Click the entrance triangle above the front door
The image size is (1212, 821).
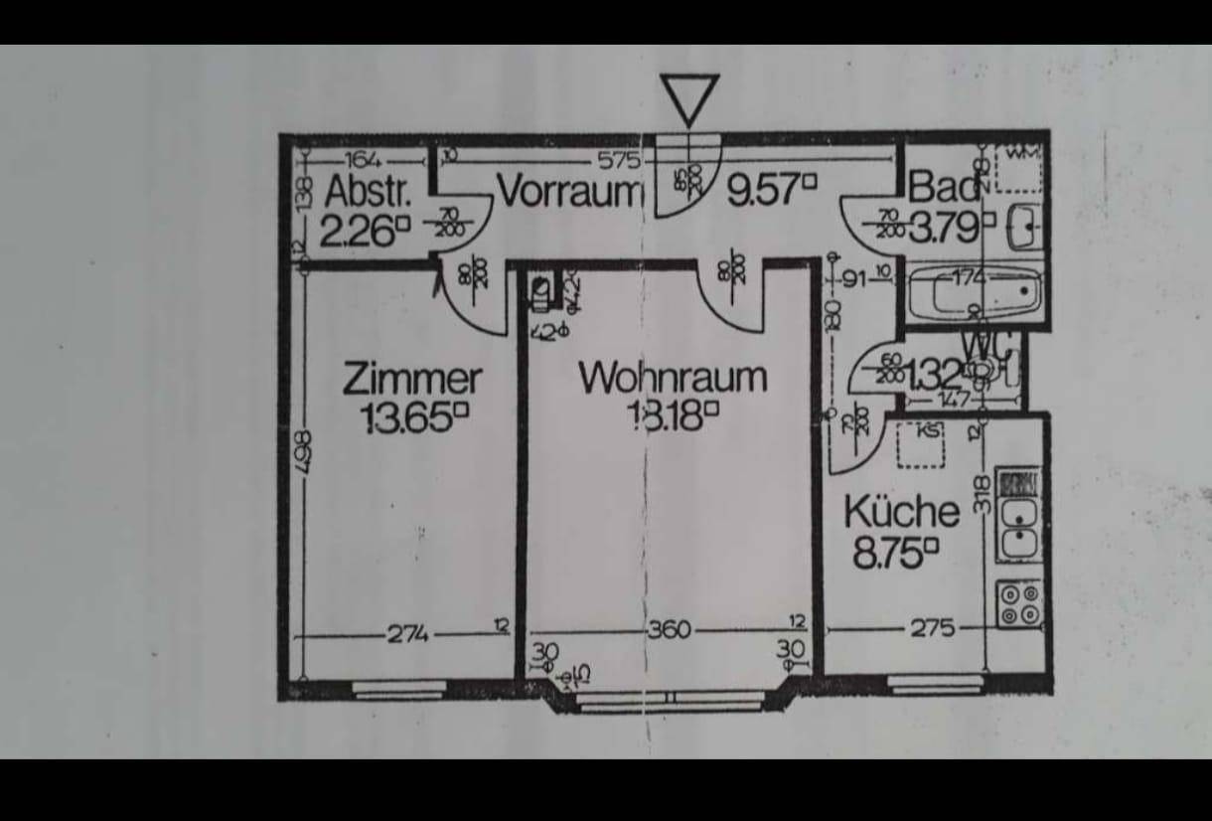(x=688, y=98)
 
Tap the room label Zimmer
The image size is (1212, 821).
(x=412, y=379)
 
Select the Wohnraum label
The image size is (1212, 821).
(x=673, y=378)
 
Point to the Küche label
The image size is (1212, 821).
(x=901, y=512)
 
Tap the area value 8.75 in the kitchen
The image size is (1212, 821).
(x=894, y=553)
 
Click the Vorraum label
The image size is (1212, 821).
(x=570, y=190)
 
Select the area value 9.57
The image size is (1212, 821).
(x=770, y=189)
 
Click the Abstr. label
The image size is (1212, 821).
(x=366, y=189)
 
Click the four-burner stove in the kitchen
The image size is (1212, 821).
(x=1019, y=603)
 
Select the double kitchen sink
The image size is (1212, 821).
(x=1019, y=527)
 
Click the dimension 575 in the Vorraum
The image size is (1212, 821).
(x=616, y=159)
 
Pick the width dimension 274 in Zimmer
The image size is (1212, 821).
(x=406, y=632)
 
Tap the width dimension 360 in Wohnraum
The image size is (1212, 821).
(x=670, y=630)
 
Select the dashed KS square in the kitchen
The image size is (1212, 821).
(x=921, y=444)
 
